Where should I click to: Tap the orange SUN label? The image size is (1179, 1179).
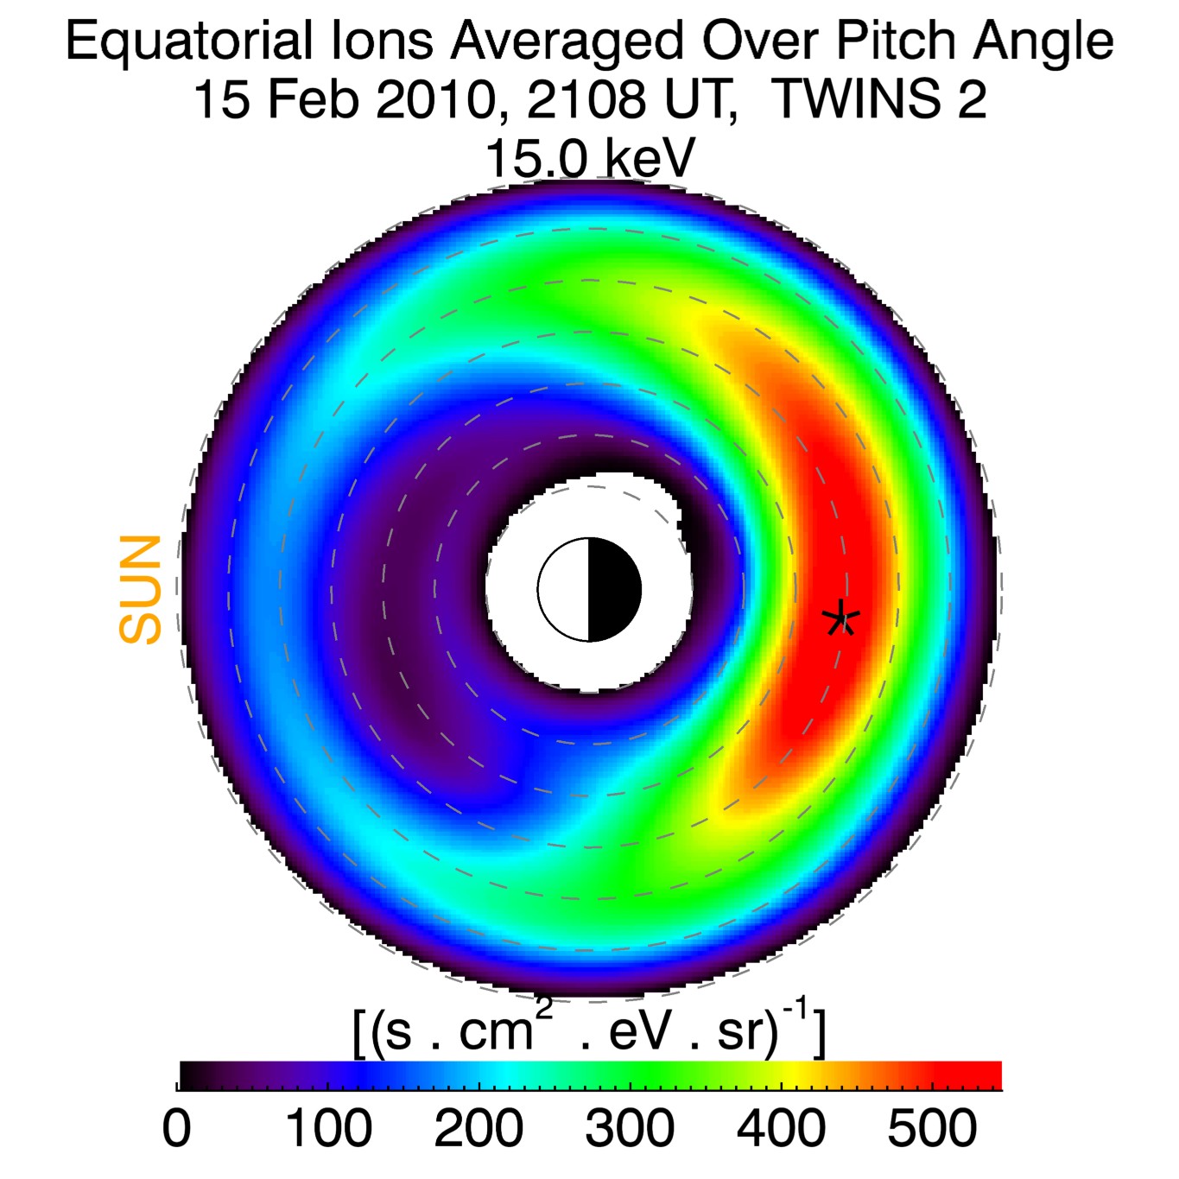coord(140,589)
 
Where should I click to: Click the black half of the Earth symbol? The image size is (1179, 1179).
coord(614,590)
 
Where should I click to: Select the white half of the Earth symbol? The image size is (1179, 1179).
coord(564,590)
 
